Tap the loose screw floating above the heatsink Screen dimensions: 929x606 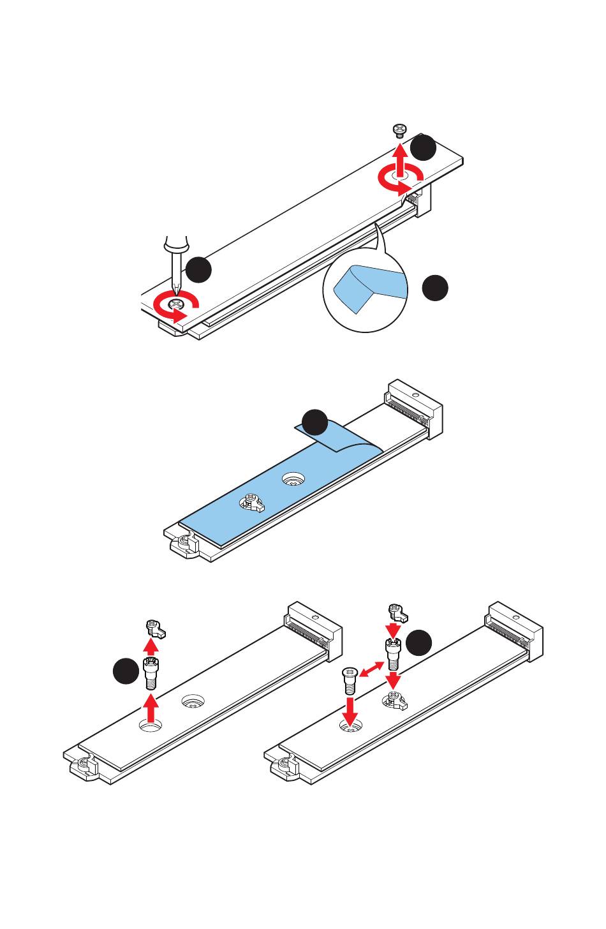tap(399, 130)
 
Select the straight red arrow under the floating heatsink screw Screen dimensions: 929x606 tap(400, 160)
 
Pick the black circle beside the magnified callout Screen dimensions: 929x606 tap(435, 288)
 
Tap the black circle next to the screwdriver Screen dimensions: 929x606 tap(198, 269)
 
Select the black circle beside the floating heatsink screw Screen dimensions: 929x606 tap(423, 147)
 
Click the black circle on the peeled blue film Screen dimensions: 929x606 tap(314, 424)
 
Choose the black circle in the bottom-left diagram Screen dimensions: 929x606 tap(126, 671)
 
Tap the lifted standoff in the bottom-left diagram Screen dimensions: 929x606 tap(151, 673)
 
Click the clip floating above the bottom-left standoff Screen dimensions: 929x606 tap(155, 628)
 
